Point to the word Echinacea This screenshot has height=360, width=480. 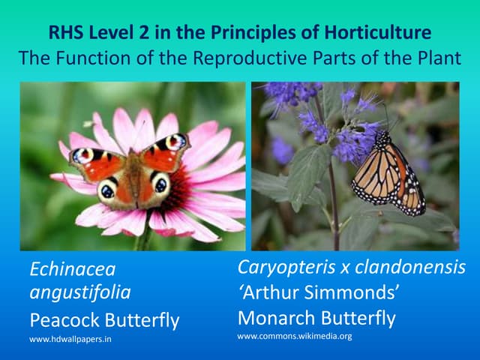72,268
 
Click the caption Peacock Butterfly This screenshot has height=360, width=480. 104,320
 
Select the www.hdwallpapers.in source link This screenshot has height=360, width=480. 71,340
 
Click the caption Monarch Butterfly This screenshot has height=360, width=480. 316,318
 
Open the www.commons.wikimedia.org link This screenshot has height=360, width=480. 294,336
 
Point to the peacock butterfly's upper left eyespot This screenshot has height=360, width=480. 80,154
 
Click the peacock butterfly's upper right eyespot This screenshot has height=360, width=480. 177,141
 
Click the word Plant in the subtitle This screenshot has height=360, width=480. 437,57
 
